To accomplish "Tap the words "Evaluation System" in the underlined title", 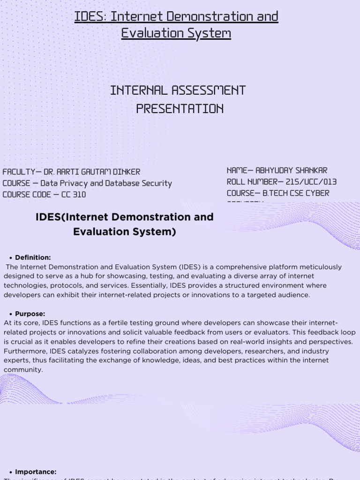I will tap(176, 33).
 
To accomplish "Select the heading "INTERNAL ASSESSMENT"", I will tap(178, 90).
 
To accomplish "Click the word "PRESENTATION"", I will tap(180, 109).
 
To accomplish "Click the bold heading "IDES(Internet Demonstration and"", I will tap(124, 217).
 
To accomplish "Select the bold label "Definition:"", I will tap(33, 257).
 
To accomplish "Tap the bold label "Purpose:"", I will tap(30, 314).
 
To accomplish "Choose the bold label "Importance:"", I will tap(36, 472).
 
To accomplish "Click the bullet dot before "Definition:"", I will tap(10, 258).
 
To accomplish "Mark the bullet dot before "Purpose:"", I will tap(10, 314).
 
